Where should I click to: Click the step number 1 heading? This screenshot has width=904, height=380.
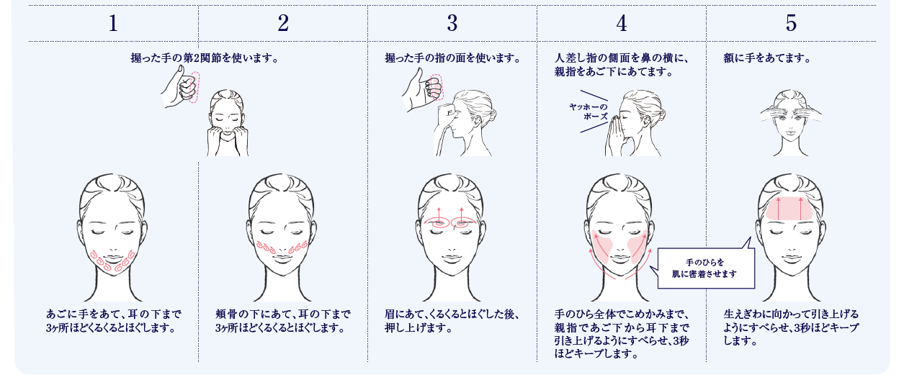point(113,24)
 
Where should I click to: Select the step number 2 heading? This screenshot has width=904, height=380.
point(282,24)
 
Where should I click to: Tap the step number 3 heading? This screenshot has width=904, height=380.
point(452,24)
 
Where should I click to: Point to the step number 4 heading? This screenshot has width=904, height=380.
point(621,24)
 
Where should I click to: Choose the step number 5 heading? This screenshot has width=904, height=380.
point(791,24)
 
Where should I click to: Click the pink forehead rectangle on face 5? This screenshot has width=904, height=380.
point(790,209)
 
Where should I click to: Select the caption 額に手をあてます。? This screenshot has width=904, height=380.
point(767,58)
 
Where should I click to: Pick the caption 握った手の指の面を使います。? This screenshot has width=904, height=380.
point(452,58)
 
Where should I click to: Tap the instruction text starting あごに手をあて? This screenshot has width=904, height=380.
point(114,321)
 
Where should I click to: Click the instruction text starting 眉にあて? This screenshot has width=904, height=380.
point(451,321)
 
